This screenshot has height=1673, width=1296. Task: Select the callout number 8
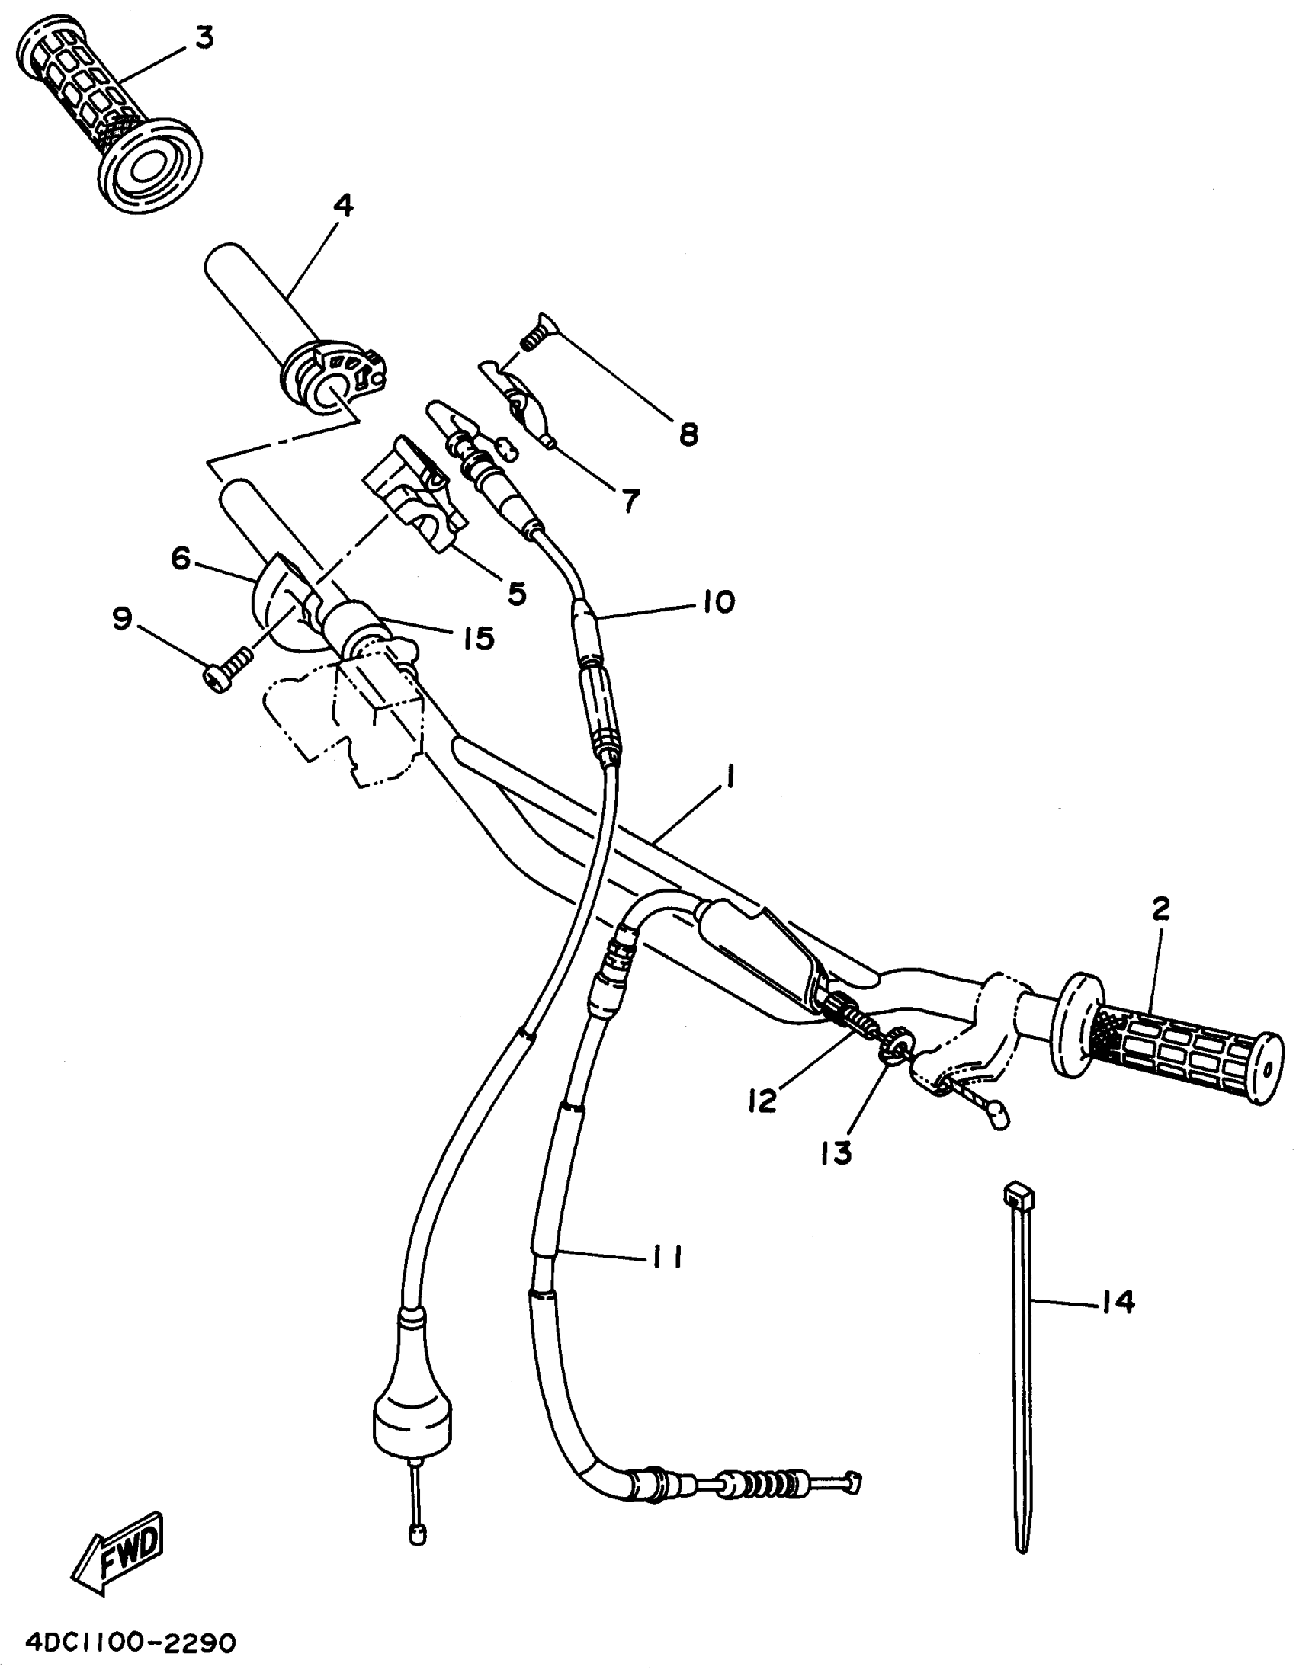688,435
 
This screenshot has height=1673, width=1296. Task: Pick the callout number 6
181,559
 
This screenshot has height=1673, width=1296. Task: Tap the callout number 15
479,637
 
